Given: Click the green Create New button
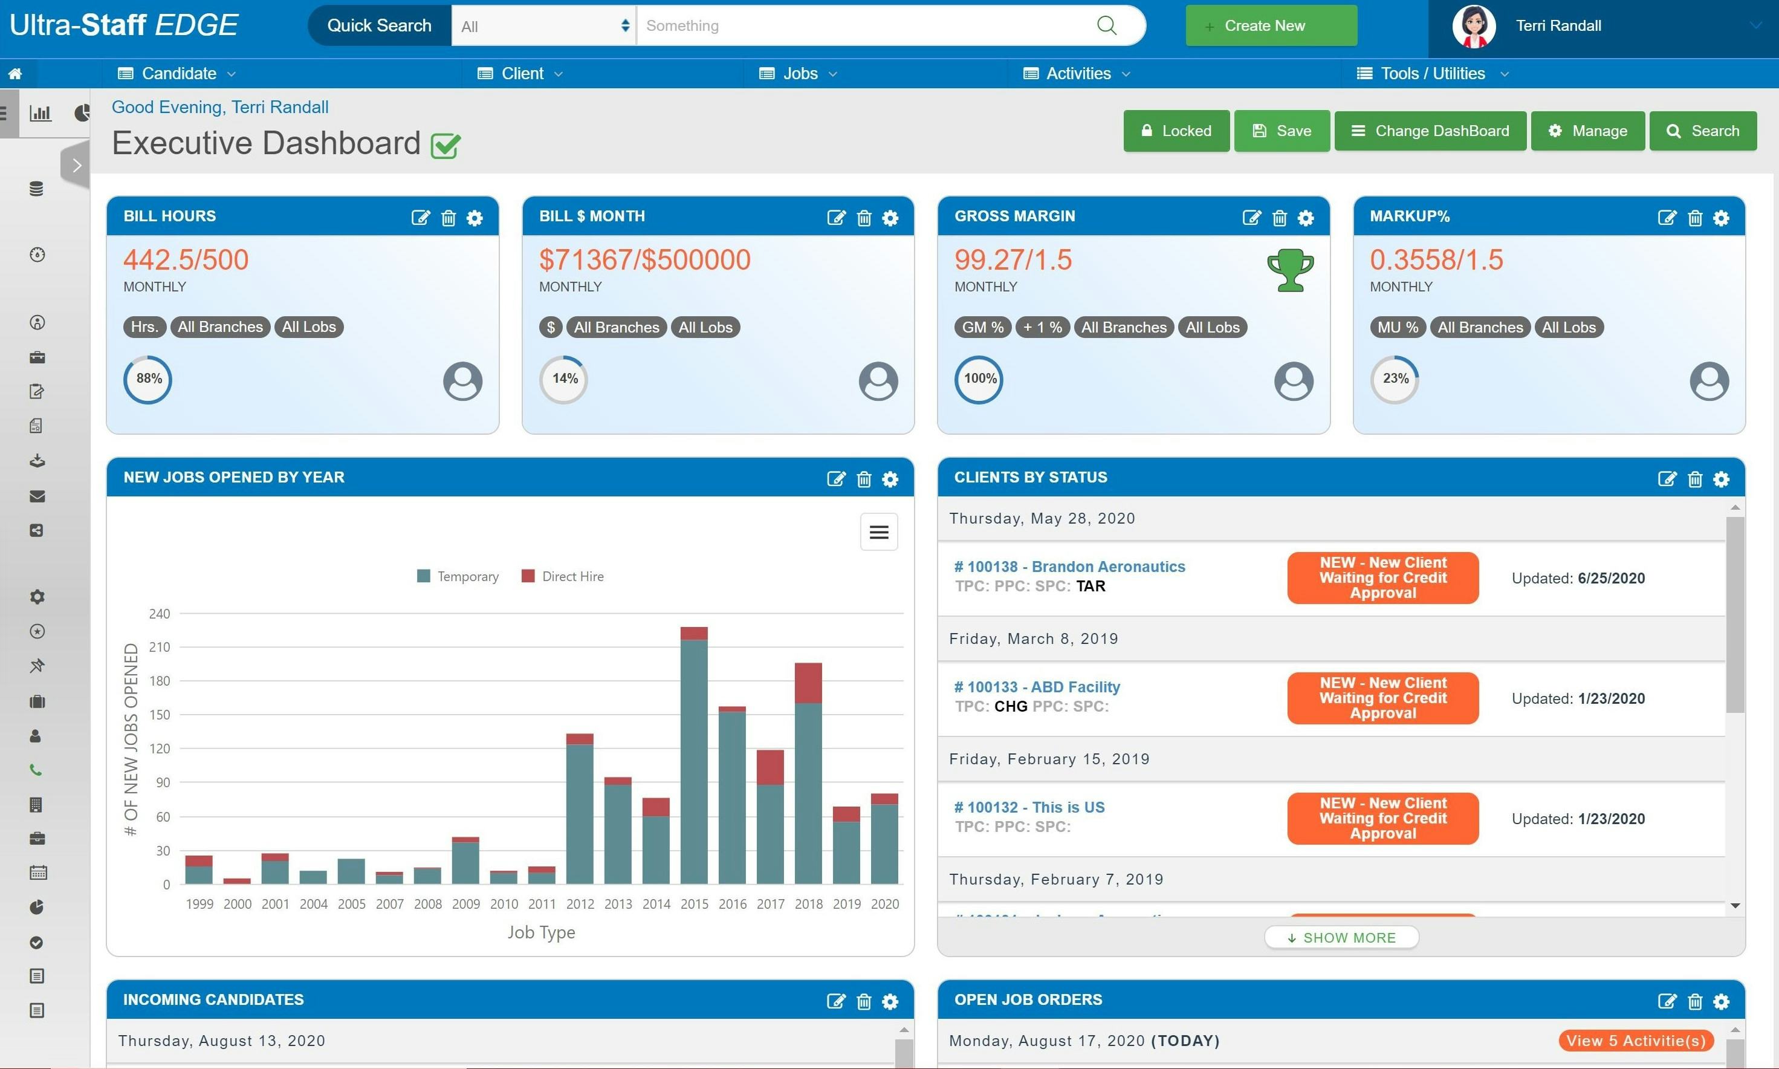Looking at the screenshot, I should point(1271,26).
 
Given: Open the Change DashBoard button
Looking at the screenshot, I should point(1430,131).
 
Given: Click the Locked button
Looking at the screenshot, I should point(1176,131).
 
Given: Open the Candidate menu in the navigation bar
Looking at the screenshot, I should point(177,74).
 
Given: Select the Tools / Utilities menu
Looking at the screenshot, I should point(1432,74).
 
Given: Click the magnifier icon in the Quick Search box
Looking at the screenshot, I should point(1107,26).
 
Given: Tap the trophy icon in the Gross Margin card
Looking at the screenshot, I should point(1290,270).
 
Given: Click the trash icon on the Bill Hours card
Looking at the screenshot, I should point(449,218).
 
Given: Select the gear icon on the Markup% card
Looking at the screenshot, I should point(1721,218).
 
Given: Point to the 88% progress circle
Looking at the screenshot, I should point(148,379).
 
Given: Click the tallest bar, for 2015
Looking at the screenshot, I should point(694,756).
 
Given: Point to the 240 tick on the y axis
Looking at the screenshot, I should point(159,614).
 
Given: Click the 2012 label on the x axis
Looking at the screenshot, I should point(580,904).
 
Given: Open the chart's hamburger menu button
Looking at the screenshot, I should point(878,532).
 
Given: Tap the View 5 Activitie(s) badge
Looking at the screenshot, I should point(1635,1041).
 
